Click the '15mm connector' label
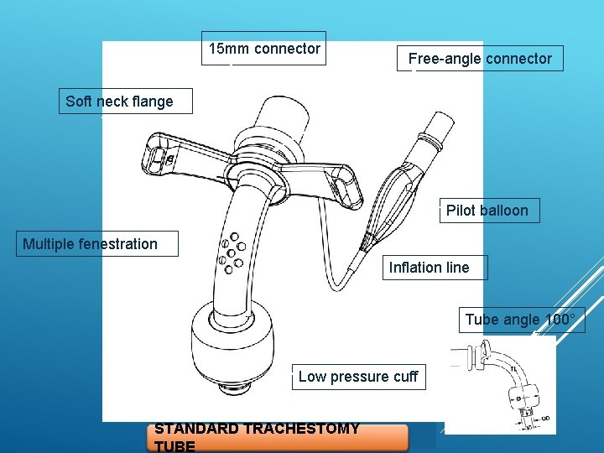[264, 49]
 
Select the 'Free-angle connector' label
[480, 59]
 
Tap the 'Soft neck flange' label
[119, 102]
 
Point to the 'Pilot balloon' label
[487, 211]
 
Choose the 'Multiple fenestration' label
[91, 244]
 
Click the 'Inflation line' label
[429, 268]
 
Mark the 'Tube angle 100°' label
[520, 320]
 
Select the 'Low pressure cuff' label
[357, 377]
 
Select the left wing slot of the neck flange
[159, 156]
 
